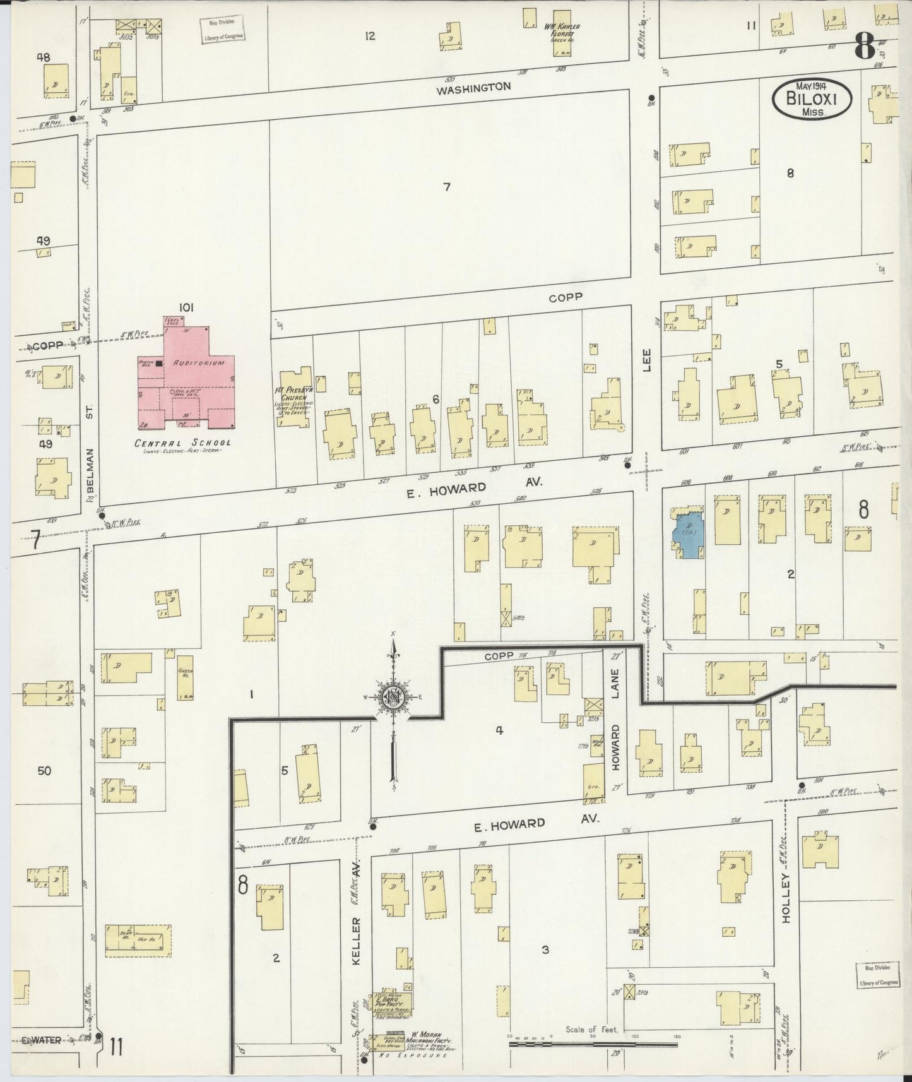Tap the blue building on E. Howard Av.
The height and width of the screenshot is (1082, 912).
click(x=686, y=533)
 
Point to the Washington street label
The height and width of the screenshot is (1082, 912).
click(x=473, y=88)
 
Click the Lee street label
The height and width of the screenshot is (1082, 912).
click(x=646, y=359)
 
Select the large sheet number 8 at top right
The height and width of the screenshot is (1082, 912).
click(x=864, y=45)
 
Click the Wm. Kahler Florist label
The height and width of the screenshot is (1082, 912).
click(x=560, y=30)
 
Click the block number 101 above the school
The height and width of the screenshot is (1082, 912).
click(x=185, y=307)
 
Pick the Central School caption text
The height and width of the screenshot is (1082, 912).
click(x=183, y=443)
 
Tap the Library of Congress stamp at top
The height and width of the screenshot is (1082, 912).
click(x=222, y=30)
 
